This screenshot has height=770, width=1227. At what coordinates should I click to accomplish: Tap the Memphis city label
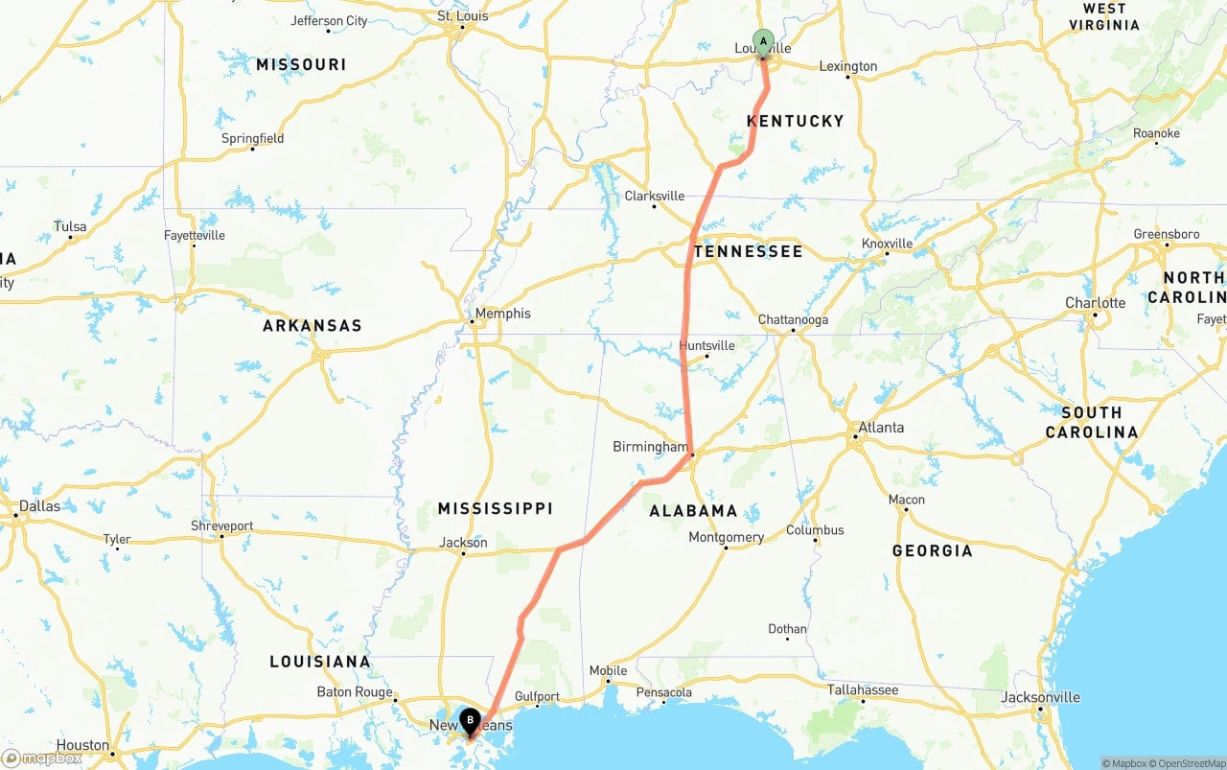point(502,314)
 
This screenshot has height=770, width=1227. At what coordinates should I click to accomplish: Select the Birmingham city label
point(651,447)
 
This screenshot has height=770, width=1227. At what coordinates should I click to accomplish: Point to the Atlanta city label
point(881,428)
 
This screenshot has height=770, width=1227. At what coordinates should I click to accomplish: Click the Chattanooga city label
point(793,319)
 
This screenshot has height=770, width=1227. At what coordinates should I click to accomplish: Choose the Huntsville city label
point(706,345)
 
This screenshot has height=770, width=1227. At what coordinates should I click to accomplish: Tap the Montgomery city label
point(726,537)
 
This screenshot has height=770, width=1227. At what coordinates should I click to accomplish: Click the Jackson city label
point(463,542)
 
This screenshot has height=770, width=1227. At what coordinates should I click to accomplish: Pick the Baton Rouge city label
point(355,692)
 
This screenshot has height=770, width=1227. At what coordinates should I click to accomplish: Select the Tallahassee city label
point(863,689)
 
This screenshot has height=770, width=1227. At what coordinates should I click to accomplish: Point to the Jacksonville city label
point(1040,697)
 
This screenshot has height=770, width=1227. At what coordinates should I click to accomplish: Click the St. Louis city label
point(462,16)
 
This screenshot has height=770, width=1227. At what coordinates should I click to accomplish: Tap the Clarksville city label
point(655,196)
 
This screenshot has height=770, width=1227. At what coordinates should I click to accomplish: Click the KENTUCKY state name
point(795,121)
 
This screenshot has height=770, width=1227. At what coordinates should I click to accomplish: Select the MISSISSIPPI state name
point(495,508)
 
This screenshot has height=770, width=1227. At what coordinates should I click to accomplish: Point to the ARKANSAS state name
point(313,326)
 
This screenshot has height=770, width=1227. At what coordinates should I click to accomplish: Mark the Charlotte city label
point(1095,303)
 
